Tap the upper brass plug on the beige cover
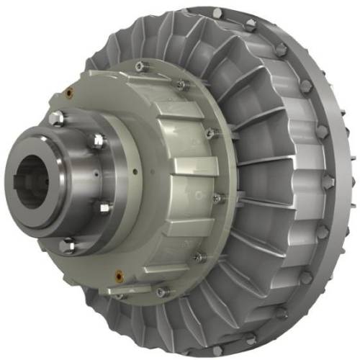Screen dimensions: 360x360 (70, 91)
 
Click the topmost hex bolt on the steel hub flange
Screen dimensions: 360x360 (58, 117)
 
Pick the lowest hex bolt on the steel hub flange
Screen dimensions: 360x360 (68, 246)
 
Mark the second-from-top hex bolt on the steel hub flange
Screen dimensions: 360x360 (97, 140)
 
